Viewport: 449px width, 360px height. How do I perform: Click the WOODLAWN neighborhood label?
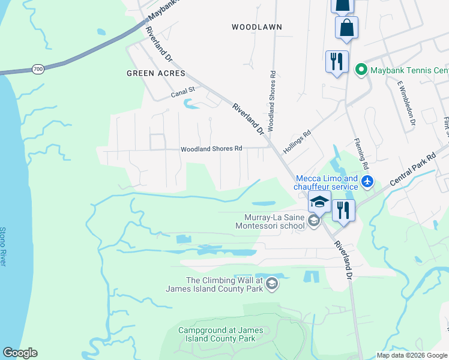[x=256, y=27]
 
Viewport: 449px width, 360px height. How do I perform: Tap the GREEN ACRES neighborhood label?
[x=152, y=73]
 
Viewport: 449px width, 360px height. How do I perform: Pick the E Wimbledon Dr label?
[x=403, y=103]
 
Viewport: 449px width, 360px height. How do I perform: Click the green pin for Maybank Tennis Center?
[x=361, y=70]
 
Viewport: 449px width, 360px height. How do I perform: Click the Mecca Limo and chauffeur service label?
[x=327, y=182]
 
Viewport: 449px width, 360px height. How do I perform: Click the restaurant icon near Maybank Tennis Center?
[x=337, y=61]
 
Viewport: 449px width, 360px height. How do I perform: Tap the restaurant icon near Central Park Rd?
[x=343, y=210]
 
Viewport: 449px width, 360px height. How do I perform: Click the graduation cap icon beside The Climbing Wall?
[x=272, y=283]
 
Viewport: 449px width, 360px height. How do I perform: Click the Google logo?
[x=20, y=353]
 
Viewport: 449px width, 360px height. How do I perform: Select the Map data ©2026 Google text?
[x=412, y=355]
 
